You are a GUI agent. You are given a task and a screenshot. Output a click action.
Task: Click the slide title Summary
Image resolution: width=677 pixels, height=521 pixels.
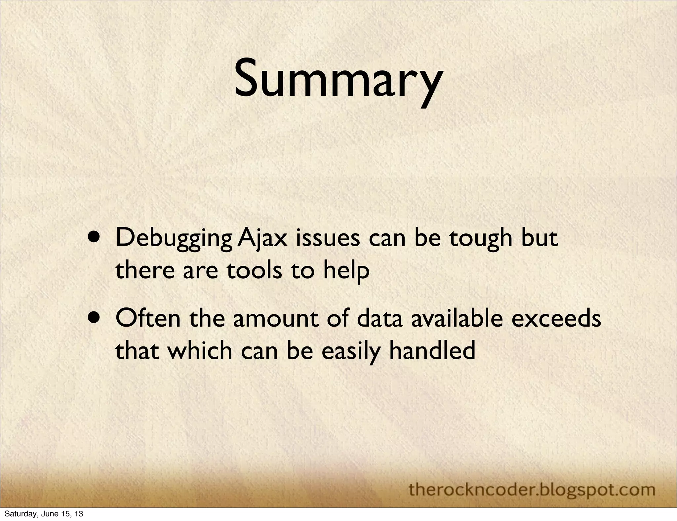point(338,80)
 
